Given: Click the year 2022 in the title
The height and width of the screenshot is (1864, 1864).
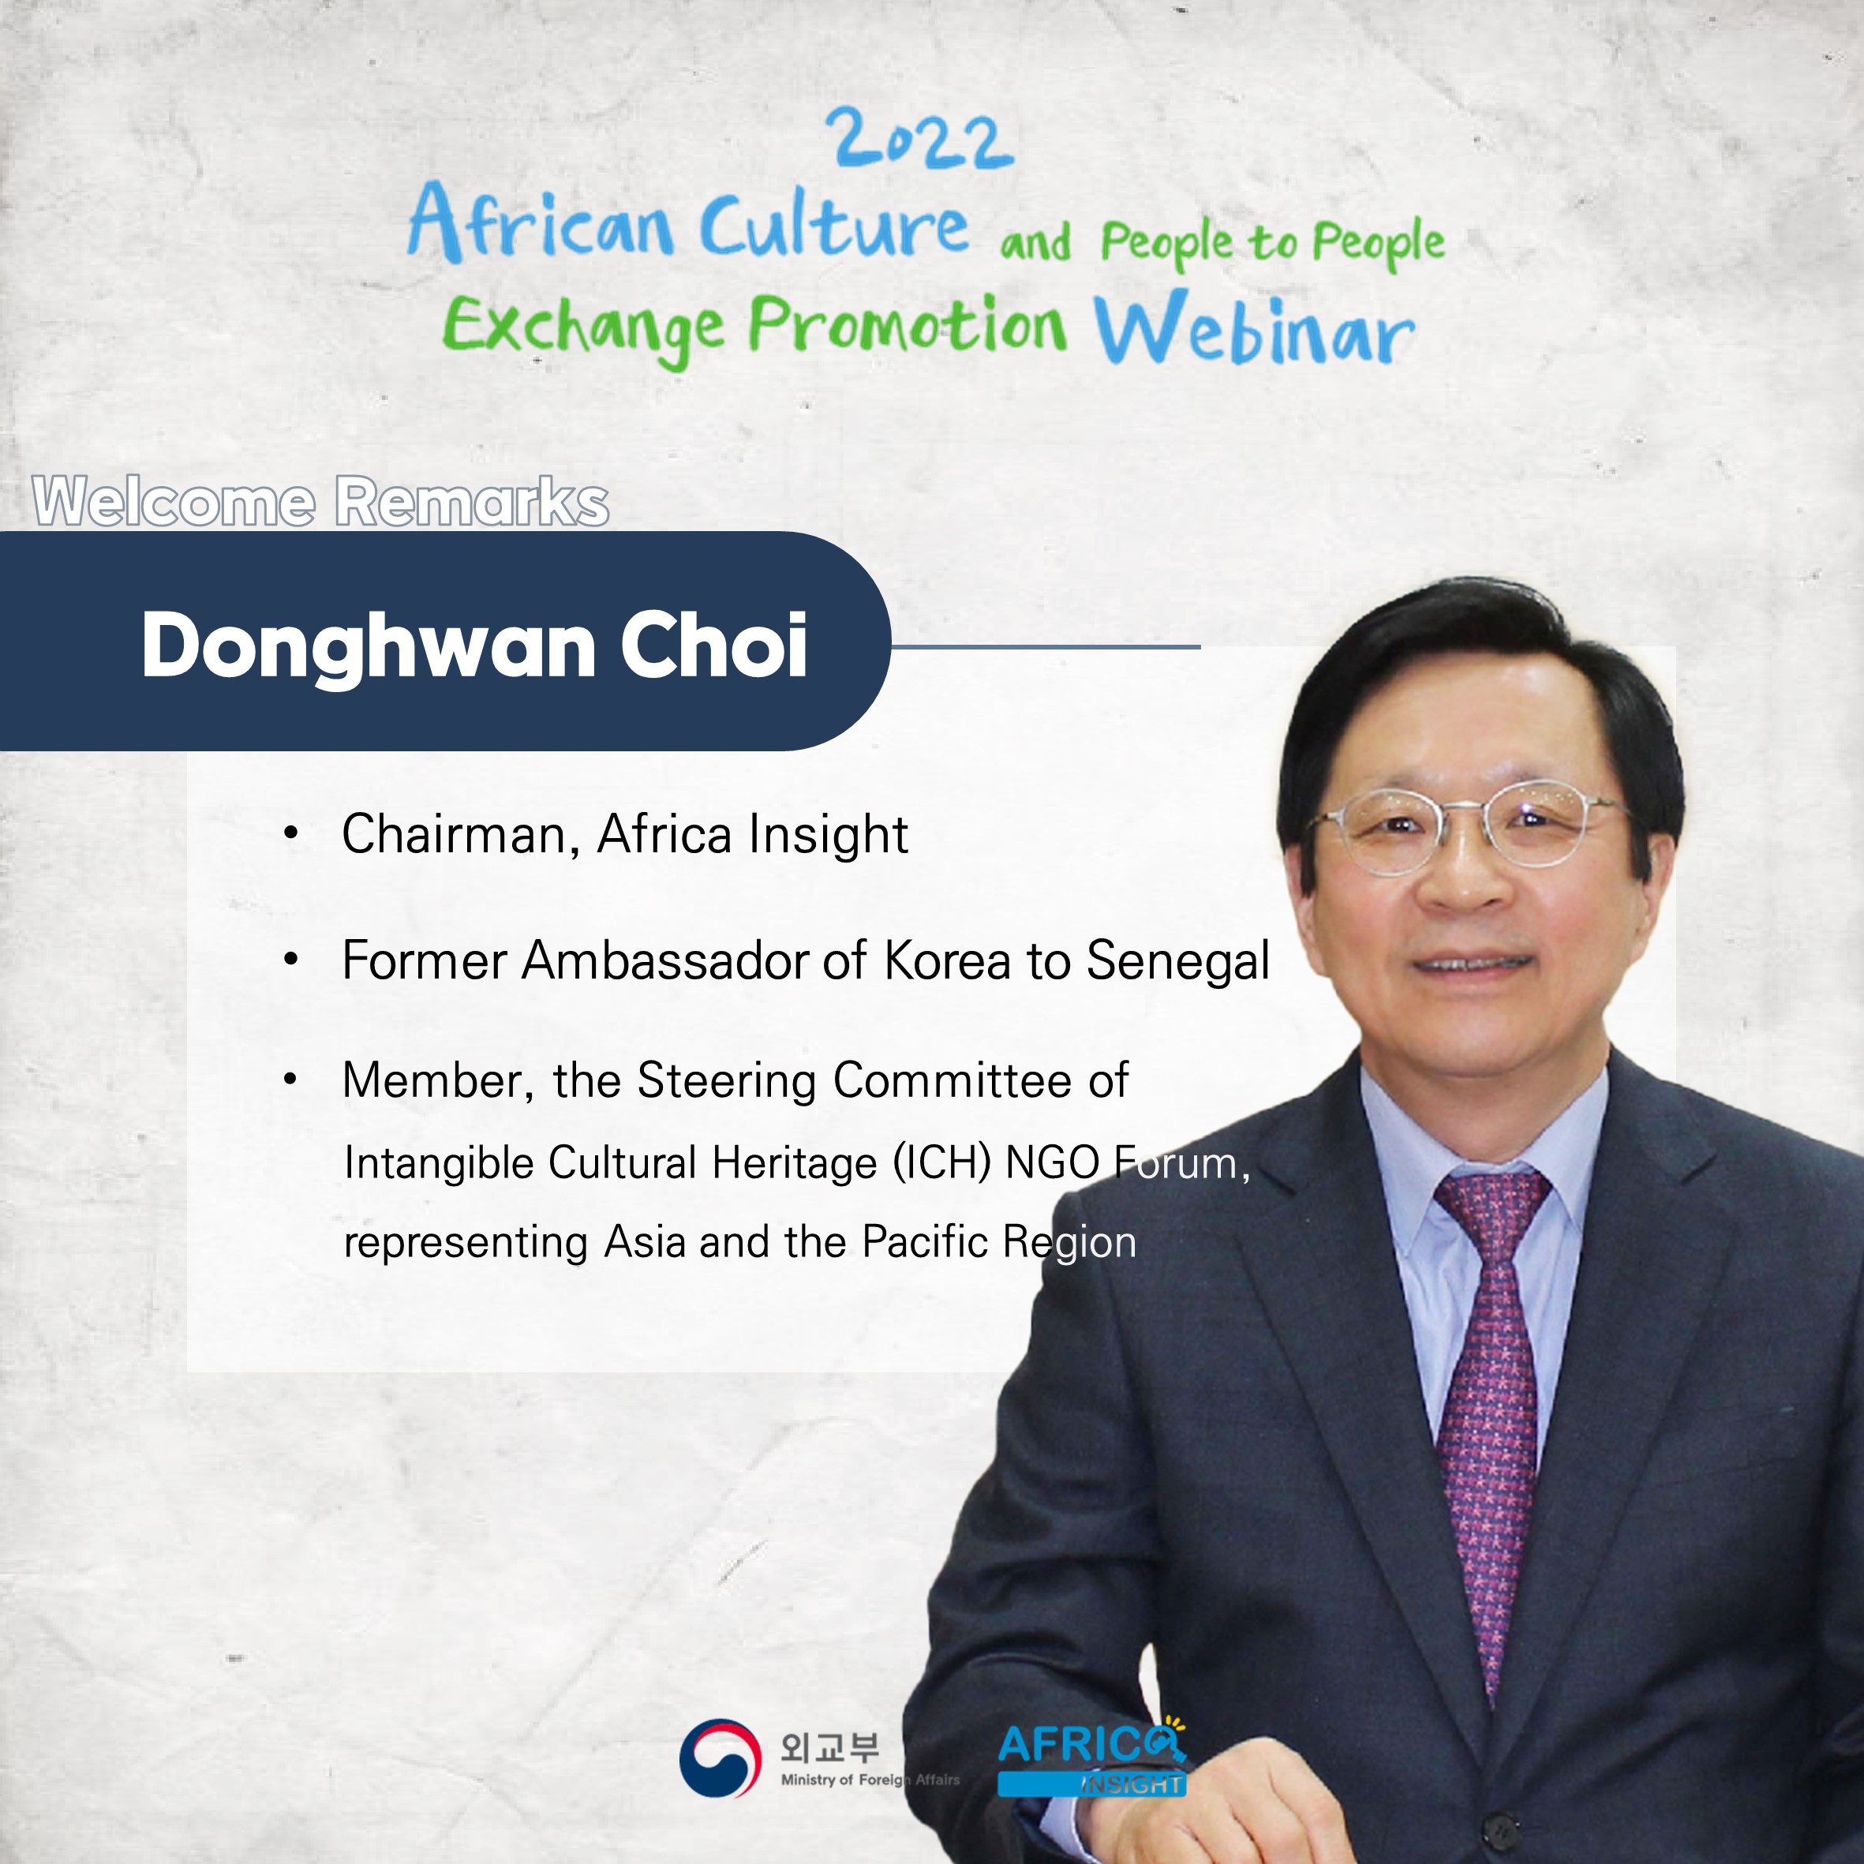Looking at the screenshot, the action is (x=923, y=140).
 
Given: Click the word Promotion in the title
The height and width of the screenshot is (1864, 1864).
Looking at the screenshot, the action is (x=908, y=324).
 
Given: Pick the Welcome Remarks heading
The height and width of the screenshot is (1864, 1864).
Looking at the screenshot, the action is (x=320, y=502).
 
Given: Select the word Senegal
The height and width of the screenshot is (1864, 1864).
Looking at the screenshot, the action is (x=1178, y=962).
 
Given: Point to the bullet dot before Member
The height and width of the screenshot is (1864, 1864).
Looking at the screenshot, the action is (x=290, y=1080).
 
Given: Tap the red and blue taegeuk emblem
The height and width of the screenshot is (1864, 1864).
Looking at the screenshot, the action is (x=715, y=1758).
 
